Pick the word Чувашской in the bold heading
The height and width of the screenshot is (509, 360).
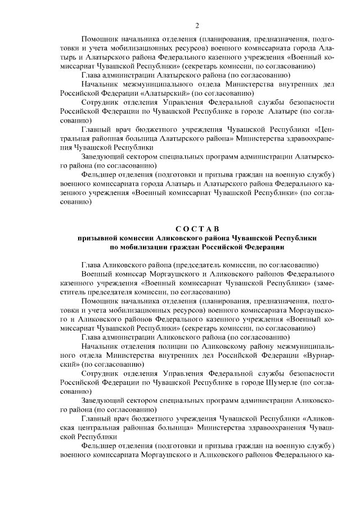253,238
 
